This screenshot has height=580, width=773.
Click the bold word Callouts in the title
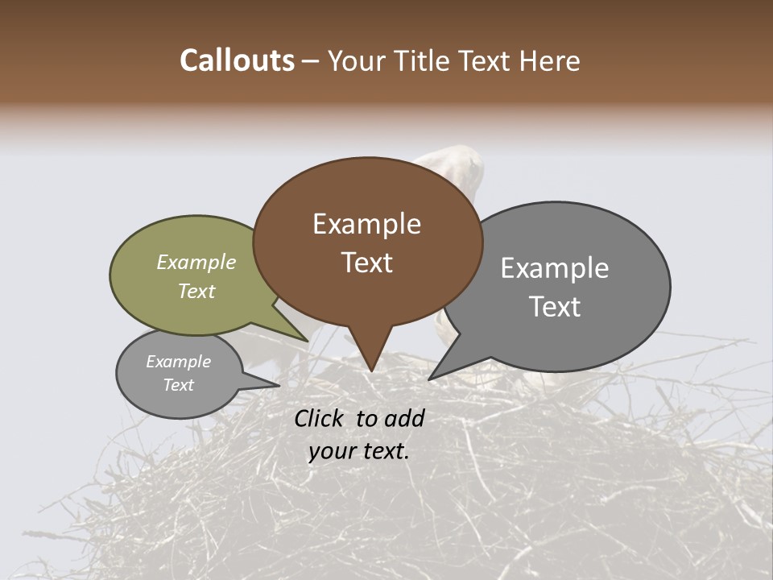(x=237, y=60)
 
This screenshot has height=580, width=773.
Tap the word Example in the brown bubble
(x=366, y=224)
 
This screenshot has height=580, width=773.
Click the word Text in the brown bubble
(x=366, y=262)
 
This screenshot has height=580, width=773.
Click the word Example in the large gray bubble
(x=555, y=268)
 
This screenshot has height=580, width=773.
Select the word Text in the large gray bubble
(x=555, y=306)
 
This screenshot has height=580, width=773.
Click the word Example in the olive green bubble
(x=196, y=262)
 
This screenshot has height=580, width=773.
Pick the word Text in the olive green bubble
(x=196, y=291)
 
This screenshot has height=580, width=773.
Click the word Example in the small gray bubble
(x=178, y=362)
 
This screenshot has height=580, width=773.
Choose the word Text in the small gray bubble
(x=178, y=384)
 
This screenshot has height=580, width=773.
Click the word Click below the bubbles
(x=320, y=418)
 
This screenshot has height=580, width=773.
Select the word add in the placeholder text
(x=403, y=418)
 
